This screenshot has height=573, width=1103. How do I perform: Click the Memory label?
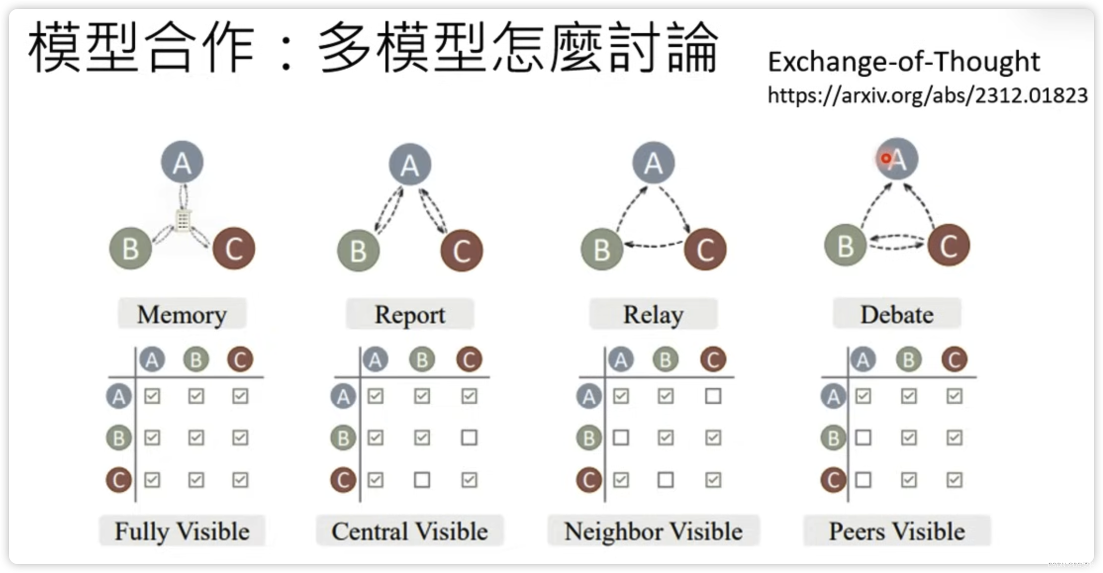[x=182, y=314]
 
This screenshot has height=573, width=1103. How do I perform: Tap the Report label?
[x=410, y=314]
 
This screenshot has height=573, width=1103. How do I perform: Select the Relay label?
[x=653, y=314]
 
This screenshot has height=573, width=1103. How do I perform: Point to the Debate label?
[x=897, y=314]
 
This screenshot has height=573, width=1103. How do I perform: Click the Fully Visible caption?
[x=182, y=531]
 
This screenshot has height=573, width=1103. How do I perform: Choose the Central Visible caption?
[x=410, y=531]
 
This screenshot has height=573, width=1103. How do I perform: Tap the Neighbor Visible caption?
[x=653, y=531]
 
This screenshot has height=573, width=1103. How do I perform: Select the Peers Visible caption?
[x=897, y=531]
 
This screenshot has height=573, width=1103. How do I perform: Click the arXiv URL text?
[x=927, y=95]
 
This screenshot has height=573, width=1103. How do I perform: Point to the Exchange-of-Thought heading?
[x=904, y=62]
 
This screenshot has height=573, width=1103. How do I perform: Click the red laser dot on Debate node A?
[x=886, y=159]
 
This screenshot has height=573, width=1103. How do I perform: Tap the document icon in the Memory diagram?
[x=183, y=220]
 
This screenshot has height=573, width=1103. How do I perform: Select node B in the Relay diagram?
[x=602, y=249]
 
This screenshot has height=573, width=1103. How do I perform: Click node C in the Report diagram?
[x=461, y=250]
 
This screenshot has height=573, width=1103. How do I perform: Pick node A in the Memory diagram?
[x=182, y=162]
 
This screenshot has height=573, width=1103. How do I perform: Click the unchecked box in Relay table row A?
[x=713, y=396]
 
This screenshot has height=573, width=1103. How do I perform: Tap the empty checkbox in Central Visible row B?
[x=469, y=438]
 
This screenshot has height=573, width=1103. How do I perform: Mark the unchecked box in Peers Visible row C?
[x=863, y=480]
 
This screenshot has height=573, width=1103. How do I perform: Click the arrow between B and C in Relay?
[x=653, y=245]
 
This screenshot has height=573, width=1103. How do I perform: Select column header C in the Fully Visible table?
[x=240, y=359]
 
